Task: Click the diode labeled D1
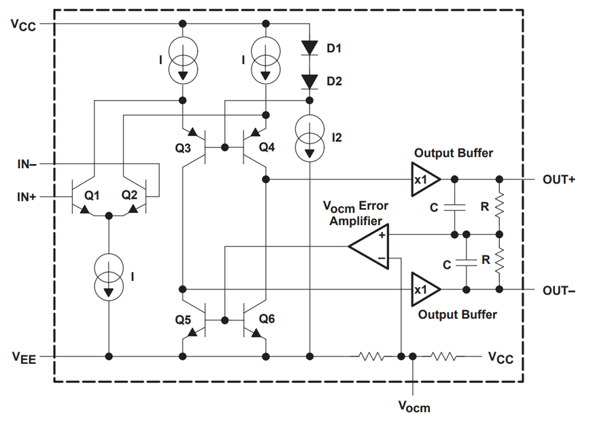point(309,48)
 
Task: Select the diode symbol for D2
point(309,82)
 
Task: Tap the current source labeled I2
point(309,139)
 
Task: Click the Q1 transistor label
point(92,195)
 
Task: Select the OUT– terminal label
point(559,290)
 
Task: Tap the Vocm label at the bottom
point(413,406)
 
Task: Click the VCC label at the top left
point(23,24)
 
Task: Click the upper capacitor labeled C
point(454,207)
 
